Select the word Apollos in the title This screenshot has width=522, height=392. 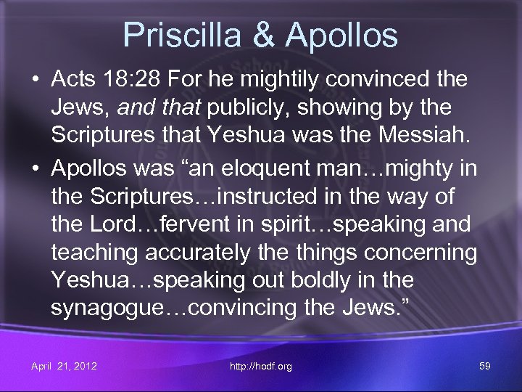click(340, 35)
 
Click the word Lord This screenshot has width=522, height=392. click(115, 224)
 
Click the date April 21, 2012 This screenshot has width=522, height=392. click(64, 366)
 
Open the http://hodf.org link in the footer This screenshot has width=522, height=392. click(261, 366)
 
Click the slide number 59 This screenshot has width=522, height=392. click(484, 366)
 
